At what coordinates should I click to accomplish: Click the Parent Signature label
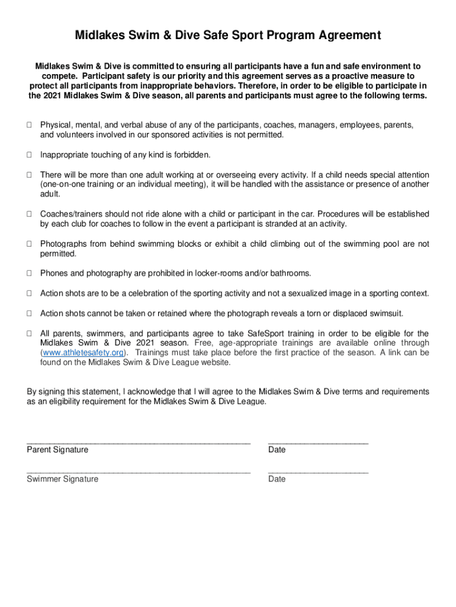click(57, 450)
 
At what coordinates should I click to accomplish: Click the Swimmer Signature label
click(62, 479)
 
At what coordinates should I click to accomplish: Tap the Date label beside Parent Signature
click(277, 450)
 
